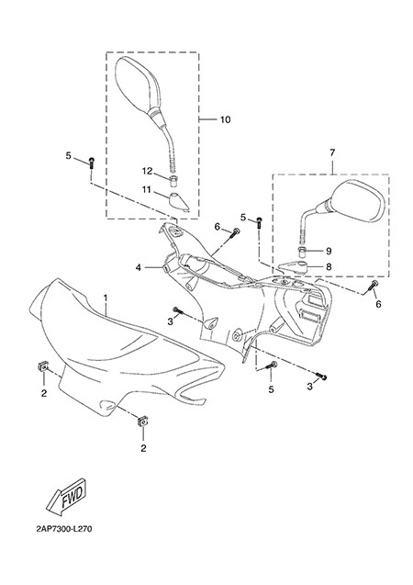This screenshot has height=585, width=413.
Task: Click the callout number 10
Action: (225, 119)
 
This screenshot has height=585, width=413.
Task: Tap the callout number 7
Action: (332, 152)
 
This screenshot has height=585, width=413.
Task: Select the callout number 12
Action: (147, 171)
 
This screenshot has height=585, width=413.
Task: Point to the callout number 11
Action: (147, 190)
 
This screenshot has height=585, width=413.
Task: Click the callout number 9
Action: (329, 251)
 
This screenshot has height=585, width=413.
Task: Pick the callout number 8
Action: (329, 267)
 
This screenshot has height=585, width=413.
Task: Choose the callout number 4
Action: (139, 267)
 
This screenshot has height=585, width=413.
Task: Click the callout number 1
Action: (106, 298)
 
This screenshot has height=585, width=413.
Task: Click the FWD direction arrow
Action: (67, 496)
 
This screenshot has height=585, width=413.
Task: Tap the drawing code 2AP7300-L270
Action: (64, 529)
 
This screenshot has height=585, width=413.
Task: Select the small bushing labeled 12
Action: (173, 181)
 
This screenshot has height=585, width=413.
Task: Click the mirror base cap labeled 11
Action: (179, 202)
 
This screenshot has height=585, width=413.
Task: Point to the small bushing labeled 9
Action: (302, 251)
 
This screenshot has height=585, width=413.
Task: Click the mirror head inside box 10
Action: (137, 84)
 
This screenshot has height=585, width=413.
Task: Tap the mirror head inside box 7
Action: (356, 202)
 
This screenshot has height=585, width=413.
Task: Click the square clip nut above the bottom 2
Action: (142, 422)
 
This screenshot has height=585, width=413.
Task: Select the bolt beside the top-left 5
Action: (91, 163)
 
